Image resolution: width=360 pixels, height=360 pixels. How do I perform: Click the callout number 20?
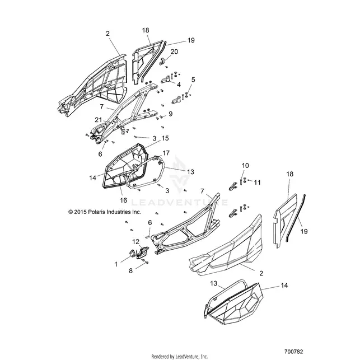pos(174,52)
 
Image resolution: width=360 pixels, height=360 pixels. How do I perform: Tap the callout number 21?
pos(99,120)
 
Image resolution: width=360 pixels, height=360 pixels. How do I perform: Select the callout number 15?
pos(165,138)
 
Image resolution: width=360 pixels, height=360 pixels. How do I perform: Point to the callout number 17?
pos(166,153)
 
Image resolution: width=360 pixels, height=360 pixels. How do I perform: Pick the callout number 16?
pos(124,200)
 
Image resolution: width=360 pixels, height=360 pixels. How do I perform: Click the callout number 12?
pos(136,241)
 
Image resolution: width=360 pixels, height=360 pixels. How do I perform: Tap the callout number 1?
pos(116,264)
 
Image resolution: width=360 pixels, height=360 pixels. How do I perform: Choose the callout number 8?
pos(130,270)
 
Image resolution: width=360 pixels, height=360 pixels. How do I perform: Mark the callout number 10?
pos(245,165)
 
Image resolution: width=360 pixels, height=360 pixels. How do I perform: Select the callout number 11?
pos(258,183)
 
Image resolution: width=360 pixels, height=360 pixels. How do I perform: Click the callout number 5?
pos(193,80)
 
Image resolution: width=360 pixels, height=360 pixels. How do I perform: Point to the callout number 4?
pos(179,85)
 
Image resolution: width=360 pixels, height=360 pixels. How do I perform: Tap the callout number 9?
pos(170,114)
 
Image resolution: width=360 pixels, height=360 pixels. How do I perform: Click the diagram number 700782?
pos(293,352)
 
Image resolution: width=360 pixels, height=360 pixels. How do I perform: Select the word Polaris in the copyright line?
pos(96,212)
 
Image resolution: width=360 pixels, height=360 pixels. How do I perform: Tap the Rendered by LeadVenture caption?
pos(180,357)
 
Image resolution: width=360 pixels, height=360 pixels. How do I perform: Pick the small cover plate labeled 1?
pos(133,254)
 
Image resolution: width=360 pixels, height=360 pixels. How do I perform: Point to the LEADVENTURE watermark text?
pos(179,203)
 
